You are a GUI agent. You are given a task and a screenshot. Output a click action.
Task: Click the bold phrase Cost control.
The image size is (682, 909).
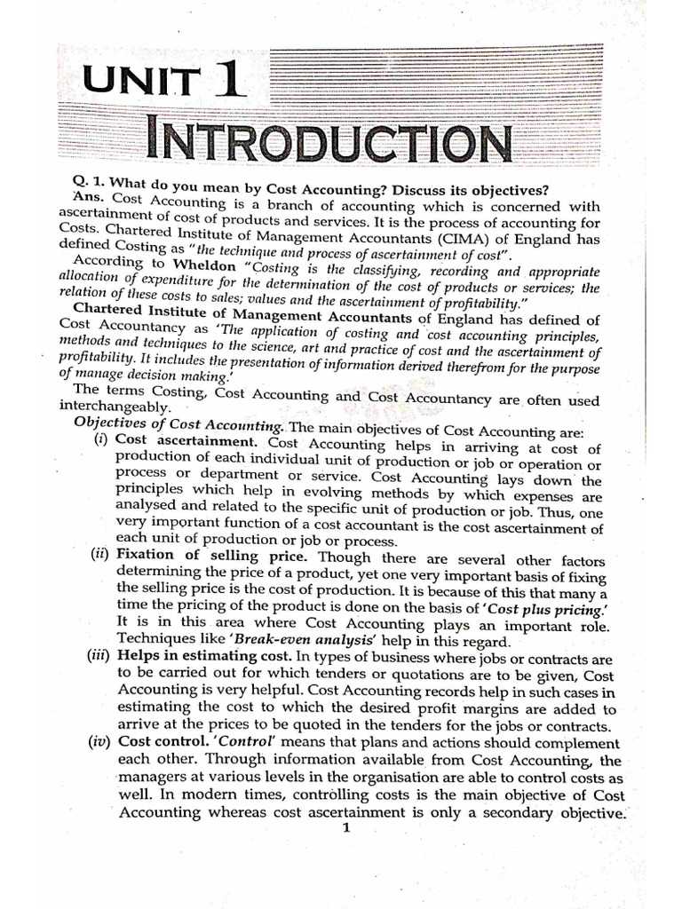click(153, 741)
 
